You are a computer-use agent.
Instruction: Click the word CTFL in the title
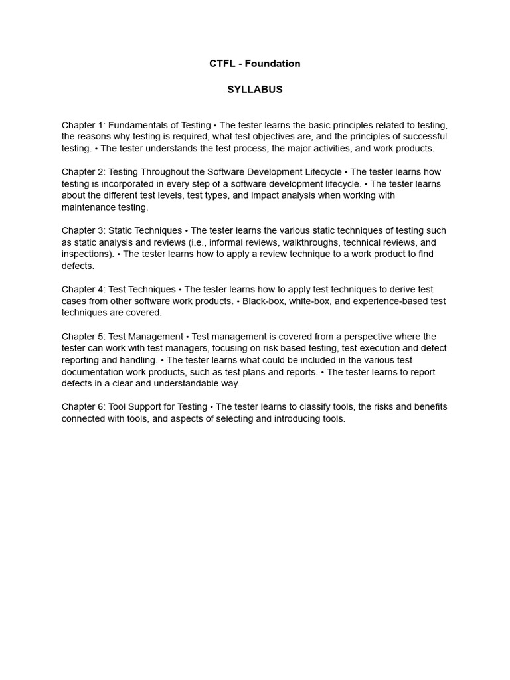click(x=221, y=64)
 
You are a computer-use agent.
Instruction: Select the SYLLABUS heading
click(x=255, y=90)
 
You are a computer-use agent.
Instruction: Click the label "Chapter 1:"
click(x=84, y=125)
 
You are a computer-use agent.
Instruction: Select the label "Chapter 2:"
click(x=84, y=172)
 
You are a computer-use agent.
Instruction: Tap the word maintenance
click(x=90, y=207)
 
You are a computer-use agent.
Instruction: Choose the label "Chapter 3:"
click(x=84, y=230)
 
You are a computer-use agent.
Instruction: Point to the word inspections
click(x=86, y=254)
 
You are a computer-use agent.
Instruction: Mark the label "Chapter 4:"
click(x=84, y=290)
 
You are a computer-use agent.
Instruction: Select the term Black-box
click(x=264, y=301)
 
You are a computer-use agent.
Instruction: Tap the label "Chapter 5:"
click(x=84, y=337)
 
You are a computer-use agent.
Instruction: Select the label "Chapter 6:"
click(x=84, y=407)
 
